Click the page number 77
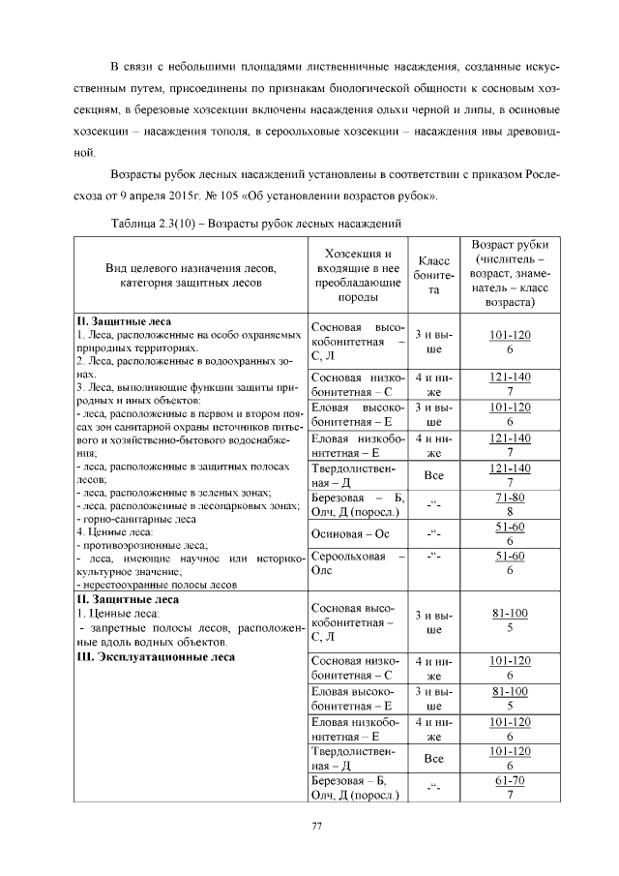tap(315, 825)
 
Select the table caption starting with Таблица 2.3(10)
tap(256, 223)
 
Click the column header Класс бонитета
tap(434, 276)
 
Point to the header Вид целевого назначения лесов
tap(192, 274)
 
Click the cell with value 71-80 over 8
tap(510, 504)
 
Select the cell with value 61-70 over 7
tap(510, 787)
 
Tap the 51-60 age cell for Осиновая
tap(510, 533)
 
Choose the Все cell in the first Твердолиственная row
tap(434, 475)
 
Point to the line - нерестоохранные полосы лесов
tap(157, 584)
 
